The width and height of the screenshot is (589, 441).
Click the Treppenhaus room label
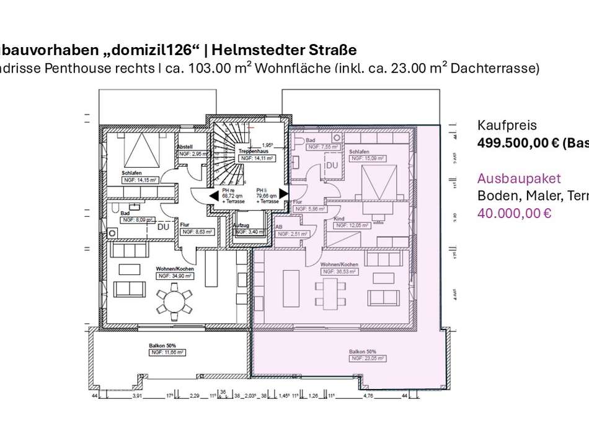(x=253, y=151)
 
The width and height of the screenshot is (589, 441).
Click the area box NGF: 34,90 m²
(x=175, y=276)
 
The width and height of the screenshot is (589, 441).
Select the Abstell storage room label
(x=187, y=147)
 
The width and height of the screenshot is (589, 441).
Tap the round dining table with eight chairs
(x=175, y=302)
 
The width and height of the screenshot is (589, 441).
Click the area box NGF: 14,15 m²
(x=139, y=180)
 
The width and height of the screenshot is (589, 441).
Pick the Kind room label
(x=339, y=219)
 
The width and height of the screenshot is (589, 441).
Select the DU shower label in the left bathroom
(x=163, y=227)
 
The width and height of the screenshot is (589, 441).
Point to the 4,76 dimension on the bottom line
(x=384, y=394)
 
